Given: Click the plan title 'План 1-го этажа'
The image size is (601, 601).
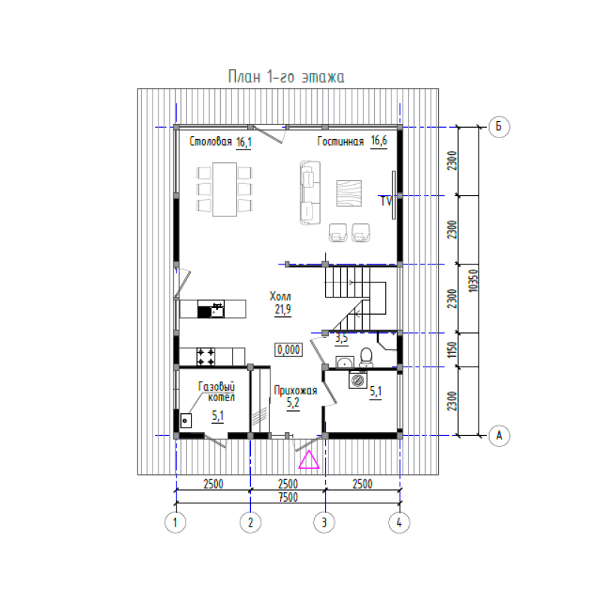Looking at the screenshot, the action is [286, 77].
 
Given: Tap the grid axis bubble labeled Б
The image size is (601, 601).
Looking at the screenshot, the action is [499, 126].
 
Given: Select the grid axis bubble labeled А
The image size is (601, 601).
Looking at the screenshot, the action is [499, 436].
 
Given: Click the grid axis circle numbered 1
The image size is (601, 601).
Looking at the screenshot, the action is [175, 522].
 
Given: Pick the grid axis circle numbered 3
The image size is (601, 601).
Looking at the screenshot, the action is [325, 522].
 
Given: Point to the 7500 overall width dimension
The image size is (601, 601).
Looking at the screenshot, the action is [288, 497].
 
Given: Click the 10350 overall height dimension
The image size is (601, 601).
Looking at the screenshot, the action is [473, 281].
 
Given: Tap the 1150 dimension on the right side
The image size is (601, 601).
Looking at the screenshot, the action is [453, 349].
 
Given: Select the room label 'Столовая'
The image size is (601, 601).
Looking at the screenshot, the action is [211, 141].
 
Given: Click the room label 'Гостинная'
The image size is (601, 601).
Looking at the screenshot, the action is [340, 141].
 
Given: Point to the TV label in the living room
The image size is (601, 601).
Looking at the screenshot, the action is [386, 201].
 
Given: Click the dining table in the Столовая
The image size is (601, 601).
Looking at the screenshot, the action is [225, 189].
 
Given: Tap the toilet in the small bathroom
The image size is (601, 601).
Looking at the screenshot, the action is [366, 357].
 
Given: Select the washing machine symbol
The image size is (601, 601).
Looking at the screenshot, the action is [358, 379].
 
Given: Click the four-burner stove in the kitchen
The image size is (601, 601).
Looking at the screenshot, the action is [206, 357].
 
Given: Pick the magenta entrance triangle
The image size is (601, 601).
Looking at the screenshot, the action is [309, 460].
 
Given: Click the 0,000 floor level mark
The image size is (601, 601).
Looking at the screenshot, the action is [288, 349].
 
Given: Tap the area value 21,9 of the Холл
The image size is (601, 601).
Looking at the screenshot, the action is [283, 310].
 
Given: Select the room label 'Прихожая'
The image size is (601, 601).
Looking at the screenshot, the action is [295, 391].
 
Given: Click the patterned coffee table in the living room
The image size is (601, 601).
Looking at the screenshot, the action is [349, 193].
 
